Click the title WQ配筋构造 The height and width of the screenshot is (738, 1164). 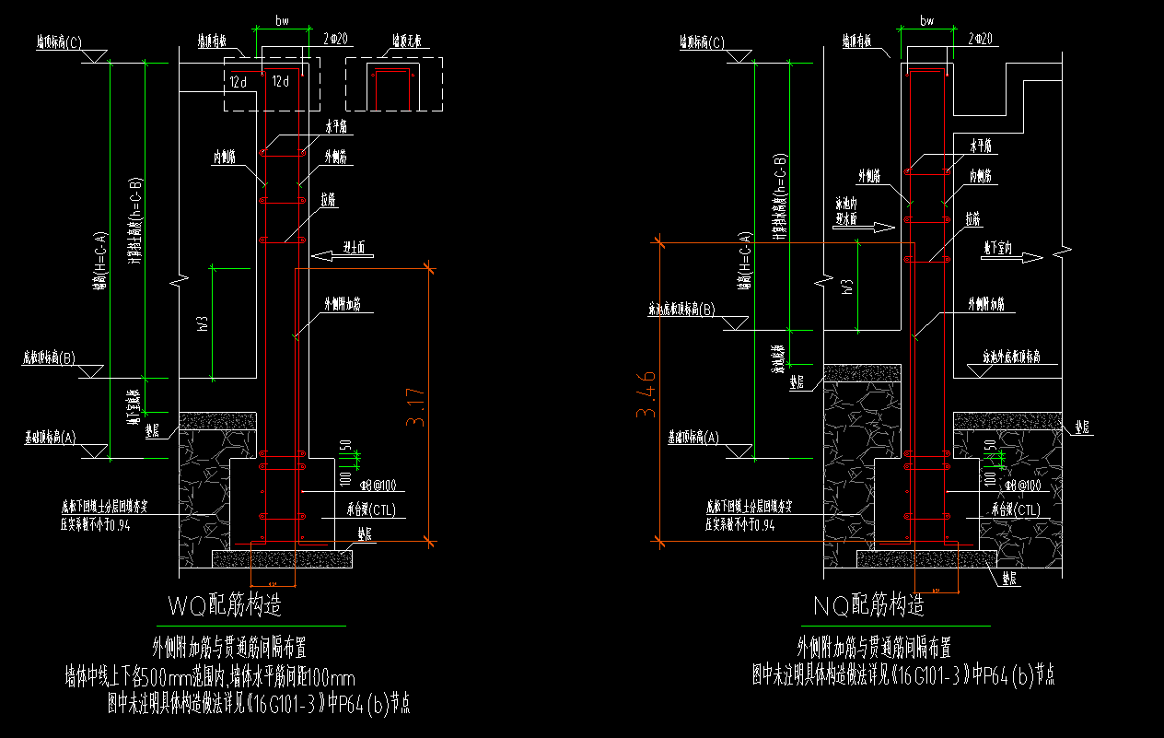click(224, 605)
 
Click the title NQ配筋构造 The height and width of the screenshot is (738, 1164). click(868, 605)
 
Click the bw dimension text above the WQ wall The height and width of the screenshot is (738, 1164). click(283, 19)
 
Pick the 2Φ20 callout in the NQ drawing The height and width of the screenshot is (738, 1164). click(980, 39)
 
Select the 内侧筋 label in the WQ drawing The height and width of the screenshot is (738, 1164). click(224, 158)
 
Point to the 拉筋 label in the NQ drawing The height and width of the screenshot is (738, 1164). click(972, 218)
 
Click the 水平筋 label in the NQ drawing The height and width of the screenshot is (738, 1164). click(981, 146)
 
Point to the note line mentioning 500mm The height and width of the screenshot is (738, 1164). click(210, 675)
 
